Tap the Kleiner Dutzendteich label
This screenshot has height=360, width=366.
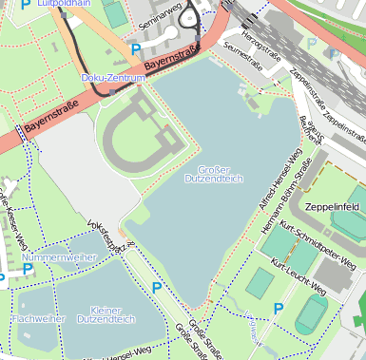106,314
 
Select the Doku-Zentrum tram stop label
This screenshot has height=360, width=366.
113,78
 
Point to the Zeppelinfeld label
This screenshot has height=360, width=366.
331,205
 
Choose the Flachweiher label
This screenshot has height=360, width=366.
39,319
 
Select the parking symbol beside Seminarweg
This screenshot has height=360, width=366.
136,48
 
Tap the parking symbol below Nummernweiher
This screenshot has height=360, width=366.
29,270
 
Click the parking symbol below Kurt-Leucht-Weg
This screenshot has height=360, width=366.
279,308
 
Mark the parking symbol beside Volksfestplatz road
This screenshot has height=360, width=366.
156,287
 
